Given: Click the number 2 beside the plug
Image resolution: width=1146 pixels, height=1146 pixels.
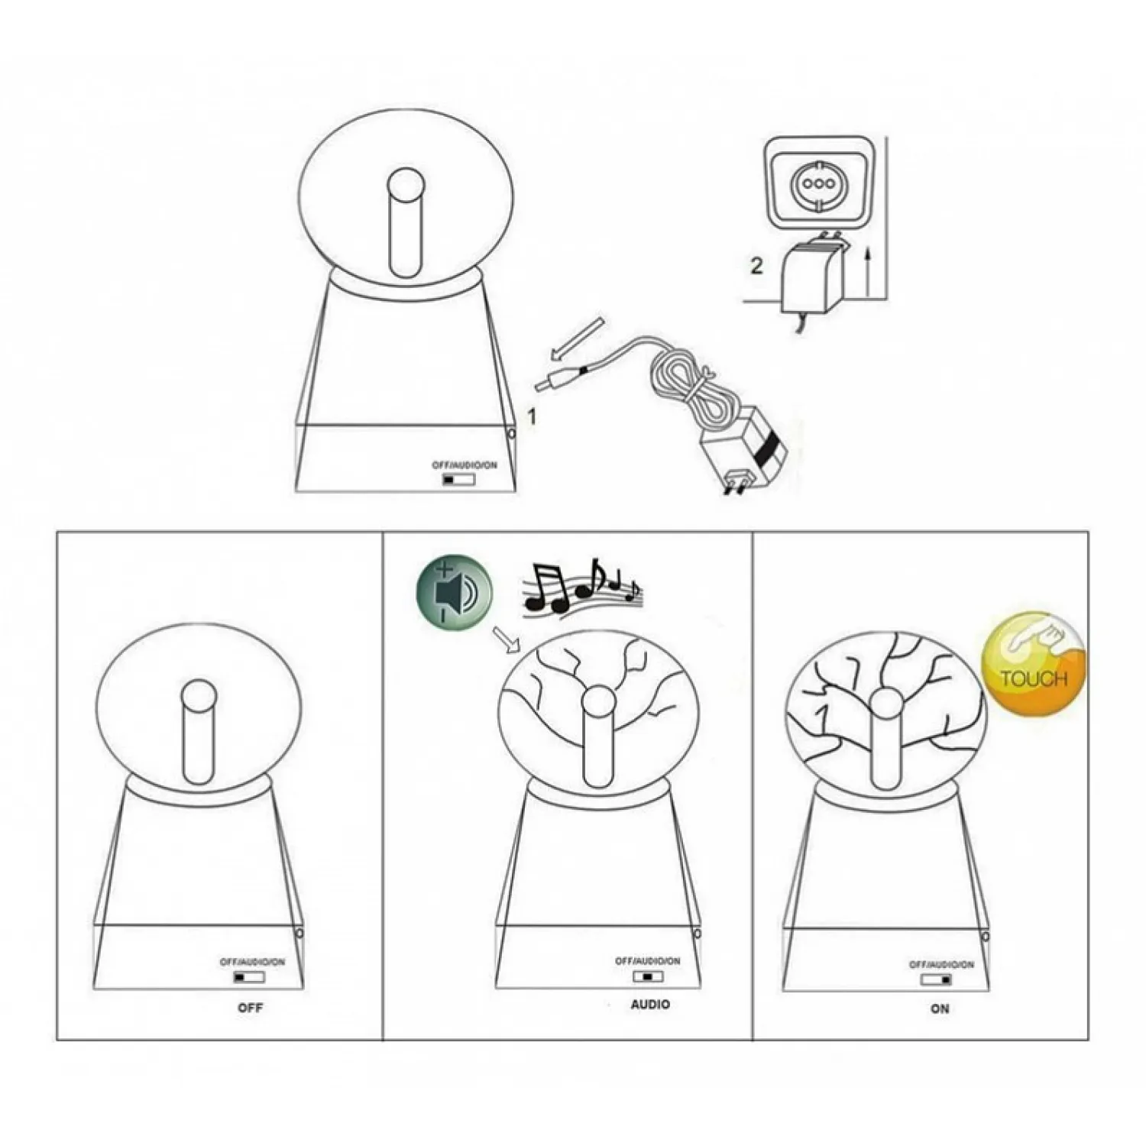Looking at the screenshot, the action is click(x=756, y=266).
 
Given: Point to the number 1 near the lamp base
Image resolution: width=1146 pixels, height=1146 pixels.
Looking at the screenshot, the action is click(x=532, y=417).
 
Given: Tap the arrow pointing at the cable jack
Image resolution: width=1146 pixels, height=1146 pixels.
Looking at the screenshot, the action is click(x=578, y=338).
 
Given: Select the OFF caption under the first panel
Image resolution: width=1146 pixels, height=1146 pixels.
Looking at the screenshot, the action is click(x=250, y=1008).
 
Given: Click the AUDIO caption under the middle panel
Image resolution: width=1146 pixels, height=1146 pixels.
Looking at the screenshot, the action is click(x=650, y=1005).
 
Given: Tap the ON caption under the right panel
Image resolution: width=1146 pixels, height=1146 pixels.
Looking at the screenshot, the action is click(x=940, y=1008).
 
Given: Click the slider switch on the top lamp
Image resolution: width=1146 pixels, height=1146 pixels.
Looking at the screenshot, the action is click(x=459, y=480).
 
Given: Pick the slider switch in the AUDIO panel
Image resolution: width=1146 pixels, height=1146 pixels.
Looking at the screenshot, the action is click(x=648, y=976).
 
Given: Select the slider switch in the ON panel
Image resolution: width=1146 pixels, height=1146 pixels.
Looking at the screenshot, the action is click(x=937, y=979).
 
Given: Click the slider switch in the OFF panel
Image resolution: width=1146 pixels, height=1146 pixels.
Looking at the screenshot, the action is click(x=249, y=977).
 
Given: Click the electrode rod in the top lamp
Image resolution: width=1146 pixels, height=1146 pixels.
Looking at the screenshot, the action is click(x=406, y=223).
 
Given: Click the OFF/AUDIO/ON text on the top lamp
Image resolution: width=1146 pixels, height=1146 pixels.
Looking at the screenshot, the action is click(x=465, y=465).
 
